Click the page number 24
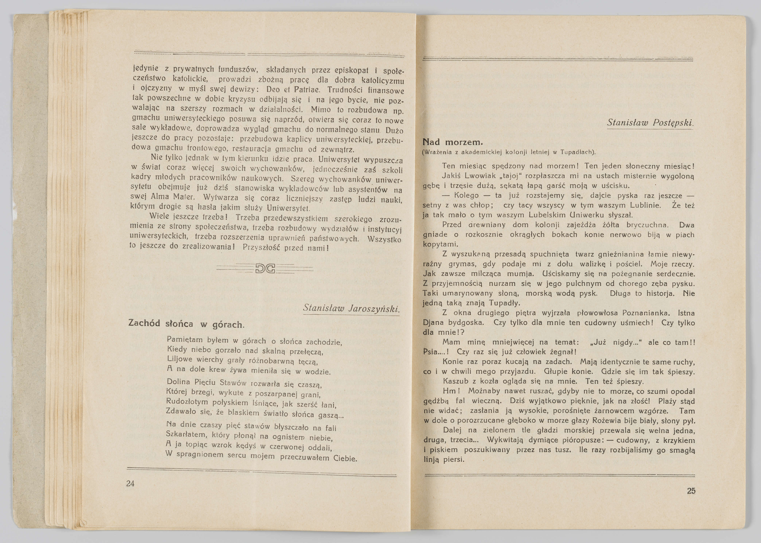tap(130, 483)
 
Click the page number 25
tap(691, 491)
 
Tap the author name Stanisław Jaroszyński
tap(351, 308)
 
